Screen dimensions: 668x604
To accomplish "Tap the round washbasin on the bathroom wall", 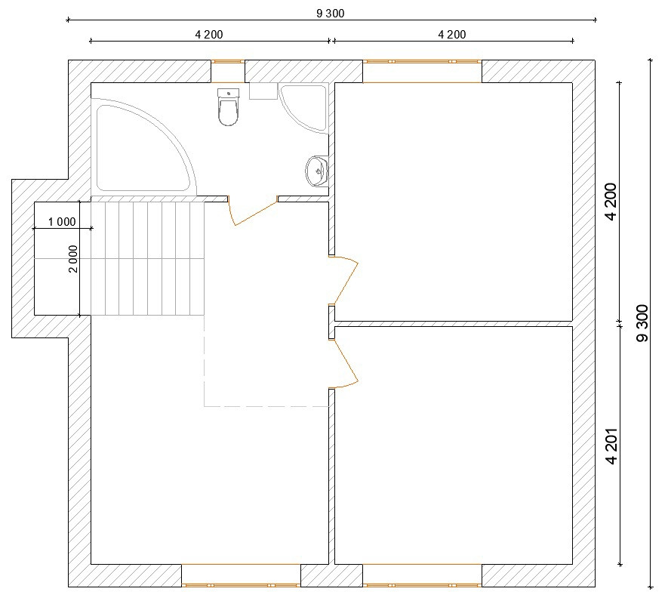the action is (x=316, y=171).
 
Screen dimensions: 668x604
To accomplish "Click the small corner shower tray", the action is (x=303, y=107).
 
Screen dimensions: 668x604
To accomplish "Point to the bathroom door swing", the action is (x=252, y=211).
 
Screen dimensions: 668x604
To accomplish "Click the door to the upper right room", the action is (x=343, y=279).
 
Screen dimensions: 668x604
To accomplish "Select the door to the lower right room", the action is (x=343, y=363).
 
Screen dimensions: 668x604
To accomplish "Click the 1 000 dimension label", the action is (x=62, y=222).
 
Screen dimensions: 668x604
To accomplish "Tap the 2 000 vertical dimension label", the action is (x=73, y=259).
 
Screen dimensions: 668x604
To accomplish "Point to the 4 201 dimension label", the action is (x=611, y=446).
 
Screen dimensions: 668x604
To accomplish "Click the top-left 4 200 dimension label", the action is (x=209, y=35).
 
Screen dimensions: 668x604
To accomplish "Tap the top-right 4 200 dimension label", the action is (x=452, y=35).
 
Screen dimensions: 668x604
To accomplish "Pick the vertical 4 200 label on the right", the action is (x=611, y=202).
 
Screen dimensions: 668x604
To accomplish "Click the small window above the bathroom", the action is (x=228, y=62).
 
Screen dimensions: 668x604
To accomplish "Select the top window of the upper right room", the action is (x=422, y=62).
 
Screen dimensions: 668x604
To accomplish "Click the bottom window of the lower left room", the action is (x=241, y=585).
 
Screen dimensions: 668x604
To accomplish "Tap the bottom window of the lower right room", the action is (x=422, y=585).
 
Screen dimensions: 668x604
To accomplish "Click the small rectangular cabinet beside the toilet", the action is (x=263, y=91).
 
